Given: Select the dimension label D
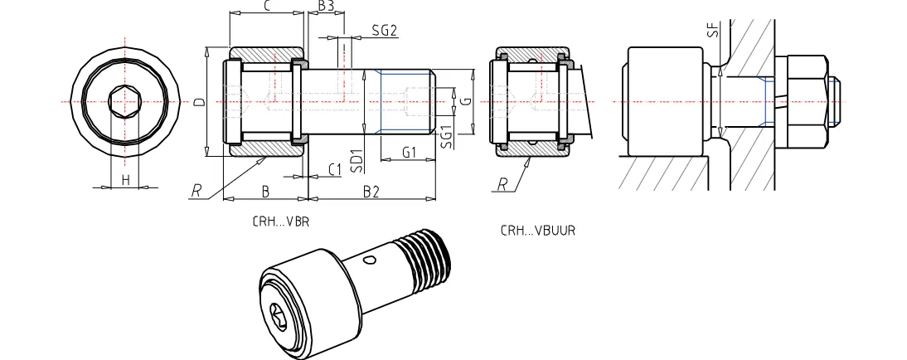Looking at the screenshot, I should (198, 103).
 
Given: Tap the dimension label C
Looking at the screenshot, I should (267, 7).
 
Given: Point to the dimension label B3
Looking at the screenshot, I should (326, 7).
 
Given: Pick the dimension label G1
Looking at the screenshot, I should (409, 153).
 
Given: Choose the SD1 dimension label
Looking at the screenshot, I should (356, 158).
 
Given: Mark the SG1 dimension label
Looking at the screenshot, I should (446, 137).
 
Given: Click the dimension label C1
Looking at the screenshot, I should (334, 169).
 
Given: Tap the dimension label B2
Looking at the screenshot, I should (371, 192).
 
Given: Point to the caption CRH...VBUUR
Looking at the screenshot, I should (537, 231).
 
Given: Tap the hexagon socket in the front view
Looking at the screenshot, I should (125, 102).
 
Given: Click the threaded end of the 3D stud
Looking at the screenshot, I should (429, 259).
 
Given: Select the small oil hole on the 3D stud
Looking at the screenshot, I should (370, 260).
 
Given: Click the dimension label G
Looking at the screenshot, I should (467, 102).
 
